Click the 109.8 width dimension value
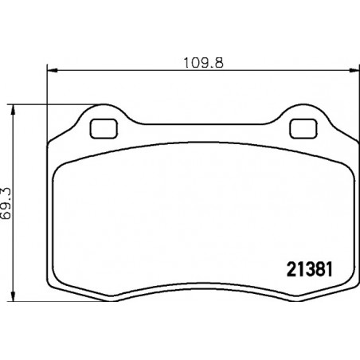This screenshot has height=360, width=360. click(x=204, y=63)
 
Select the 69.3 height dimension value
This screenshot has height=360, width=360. click(x=6, y=204)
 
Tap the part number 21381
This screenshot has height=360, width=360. click(x=310, y=269)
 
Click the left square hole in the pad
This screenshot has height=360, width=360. click(x=104, y=129)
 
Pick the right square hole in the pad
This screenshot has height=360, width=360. click(x=303, y=129)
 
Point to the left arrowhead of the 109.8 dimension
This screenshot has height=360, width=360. click(x=52, y=70)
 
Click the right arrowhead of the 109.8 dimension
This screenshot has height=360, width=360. click(x=354, y=70)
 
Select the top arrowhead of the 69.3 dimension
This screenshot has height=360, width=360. click(x=13, y=110)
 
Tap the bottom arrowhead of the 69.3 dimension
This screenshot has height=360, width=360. click(x=13, y=295)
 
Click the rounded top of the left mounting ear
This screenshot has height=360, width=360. click(x=105, y=104)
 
